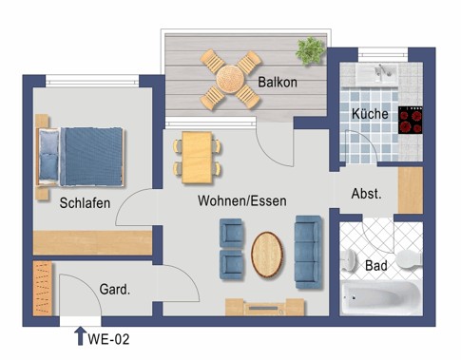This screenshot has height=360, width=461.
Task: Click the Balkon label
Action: tap(278, 82)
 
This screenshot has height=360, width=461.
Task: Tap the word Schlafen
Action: tap(85, 203)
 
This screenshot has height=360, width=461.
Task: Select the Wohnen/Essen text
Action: tap(242, 201)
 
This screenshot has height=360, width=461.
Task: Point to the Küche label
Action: tap(370, 113)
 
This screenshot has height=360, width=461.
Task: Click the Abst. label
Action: tap(366, 194)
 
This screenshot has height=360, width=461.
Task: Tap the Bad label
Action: tap(376, 265)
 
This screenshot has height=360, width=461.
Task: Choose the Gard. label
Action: tap(115, 289)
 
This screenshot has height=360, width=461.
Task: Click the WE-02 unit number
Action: tap(108, 339)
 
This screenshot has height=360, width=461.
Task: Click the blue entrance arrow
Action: tap(80, 336)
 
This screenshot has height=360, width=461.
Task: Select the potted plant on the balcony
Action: tap(310, 50)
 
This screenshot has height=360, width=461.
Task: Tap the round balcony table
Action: tap(230, 79)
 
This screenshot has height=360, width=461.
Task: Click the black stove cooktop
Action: tap(411, 120)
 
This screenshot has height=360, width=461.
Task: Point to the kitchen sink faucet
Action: tap(382, 70)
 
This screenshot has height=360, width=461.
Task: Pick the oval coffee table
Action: tap(267, 255)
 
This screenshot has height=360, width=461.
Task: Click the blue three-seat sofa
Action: tap(308, 252)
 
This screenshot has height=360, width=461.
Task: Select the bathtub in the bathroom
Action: tap(381, 297)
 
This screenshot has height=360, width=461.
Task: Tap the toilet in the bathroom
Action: tap(410, 259)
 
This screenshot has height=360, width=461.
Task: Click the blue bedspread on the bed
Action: tap(91, 157)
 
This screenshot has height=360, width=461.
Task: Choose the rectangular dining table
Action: tap(197, 158)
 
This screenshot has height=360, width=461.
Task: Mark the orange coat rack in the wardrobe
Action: tap(43, 289)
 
